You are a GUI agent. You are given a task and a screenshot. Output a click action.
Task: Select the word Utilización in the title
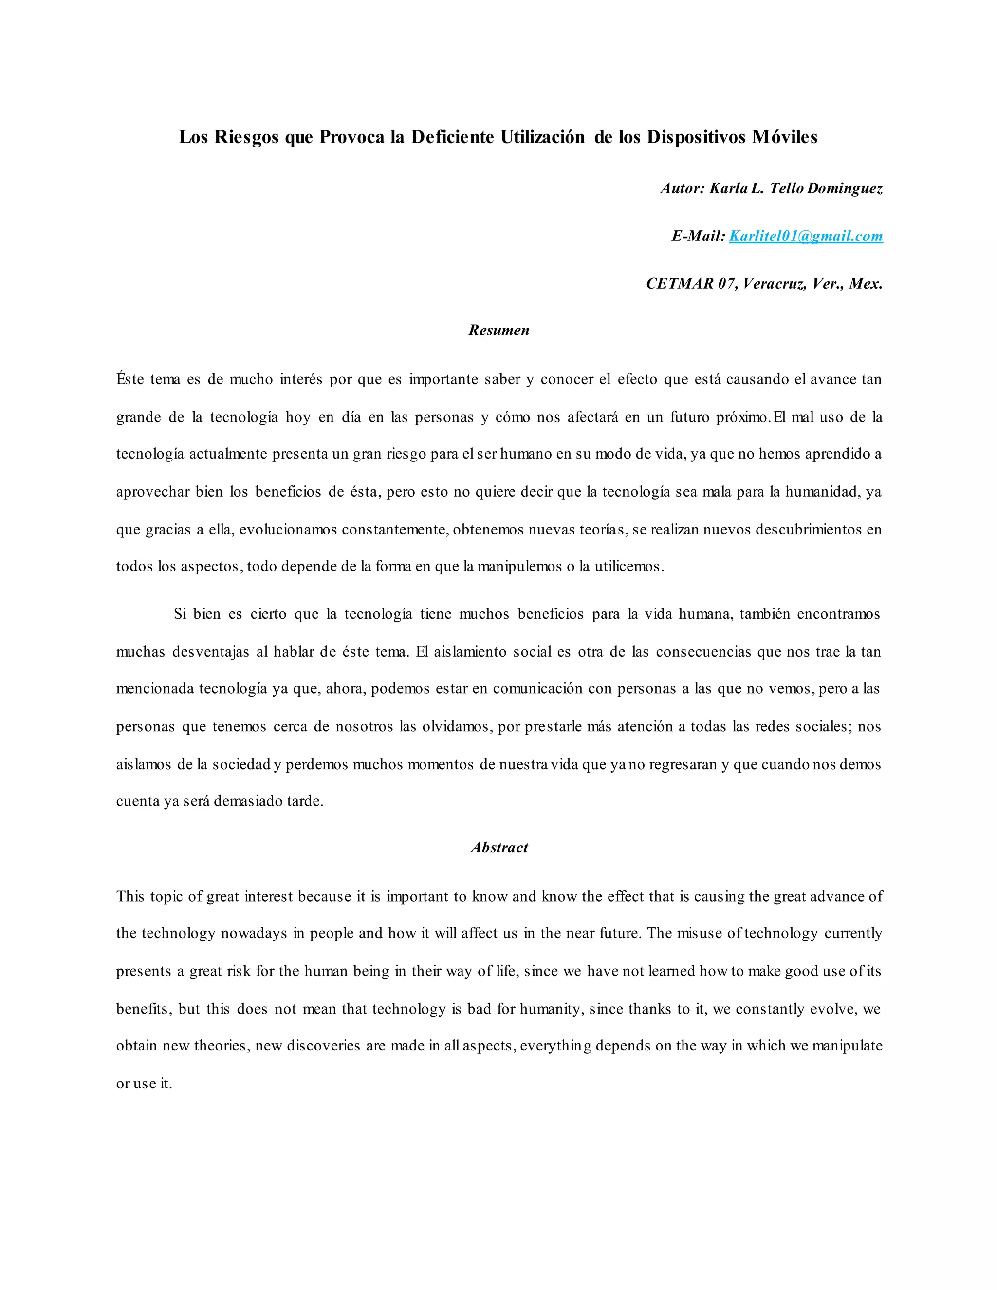[x=543, y=137]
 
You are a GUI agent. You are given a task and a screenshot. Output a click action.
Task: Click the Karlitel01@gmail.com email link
[x=806, y=236]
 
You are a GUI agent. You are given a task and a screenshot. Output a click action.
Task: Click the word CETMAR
[x=680, y=284]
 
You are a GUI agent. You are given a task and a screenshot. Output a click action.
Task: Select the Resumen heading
[x=499, y=330]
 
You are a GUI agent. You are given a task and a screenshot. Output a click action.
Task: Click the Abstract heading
[x=499, y=848]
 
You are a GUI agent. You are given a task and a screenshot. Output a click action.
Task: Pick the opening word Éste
[x=130, y=379]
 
